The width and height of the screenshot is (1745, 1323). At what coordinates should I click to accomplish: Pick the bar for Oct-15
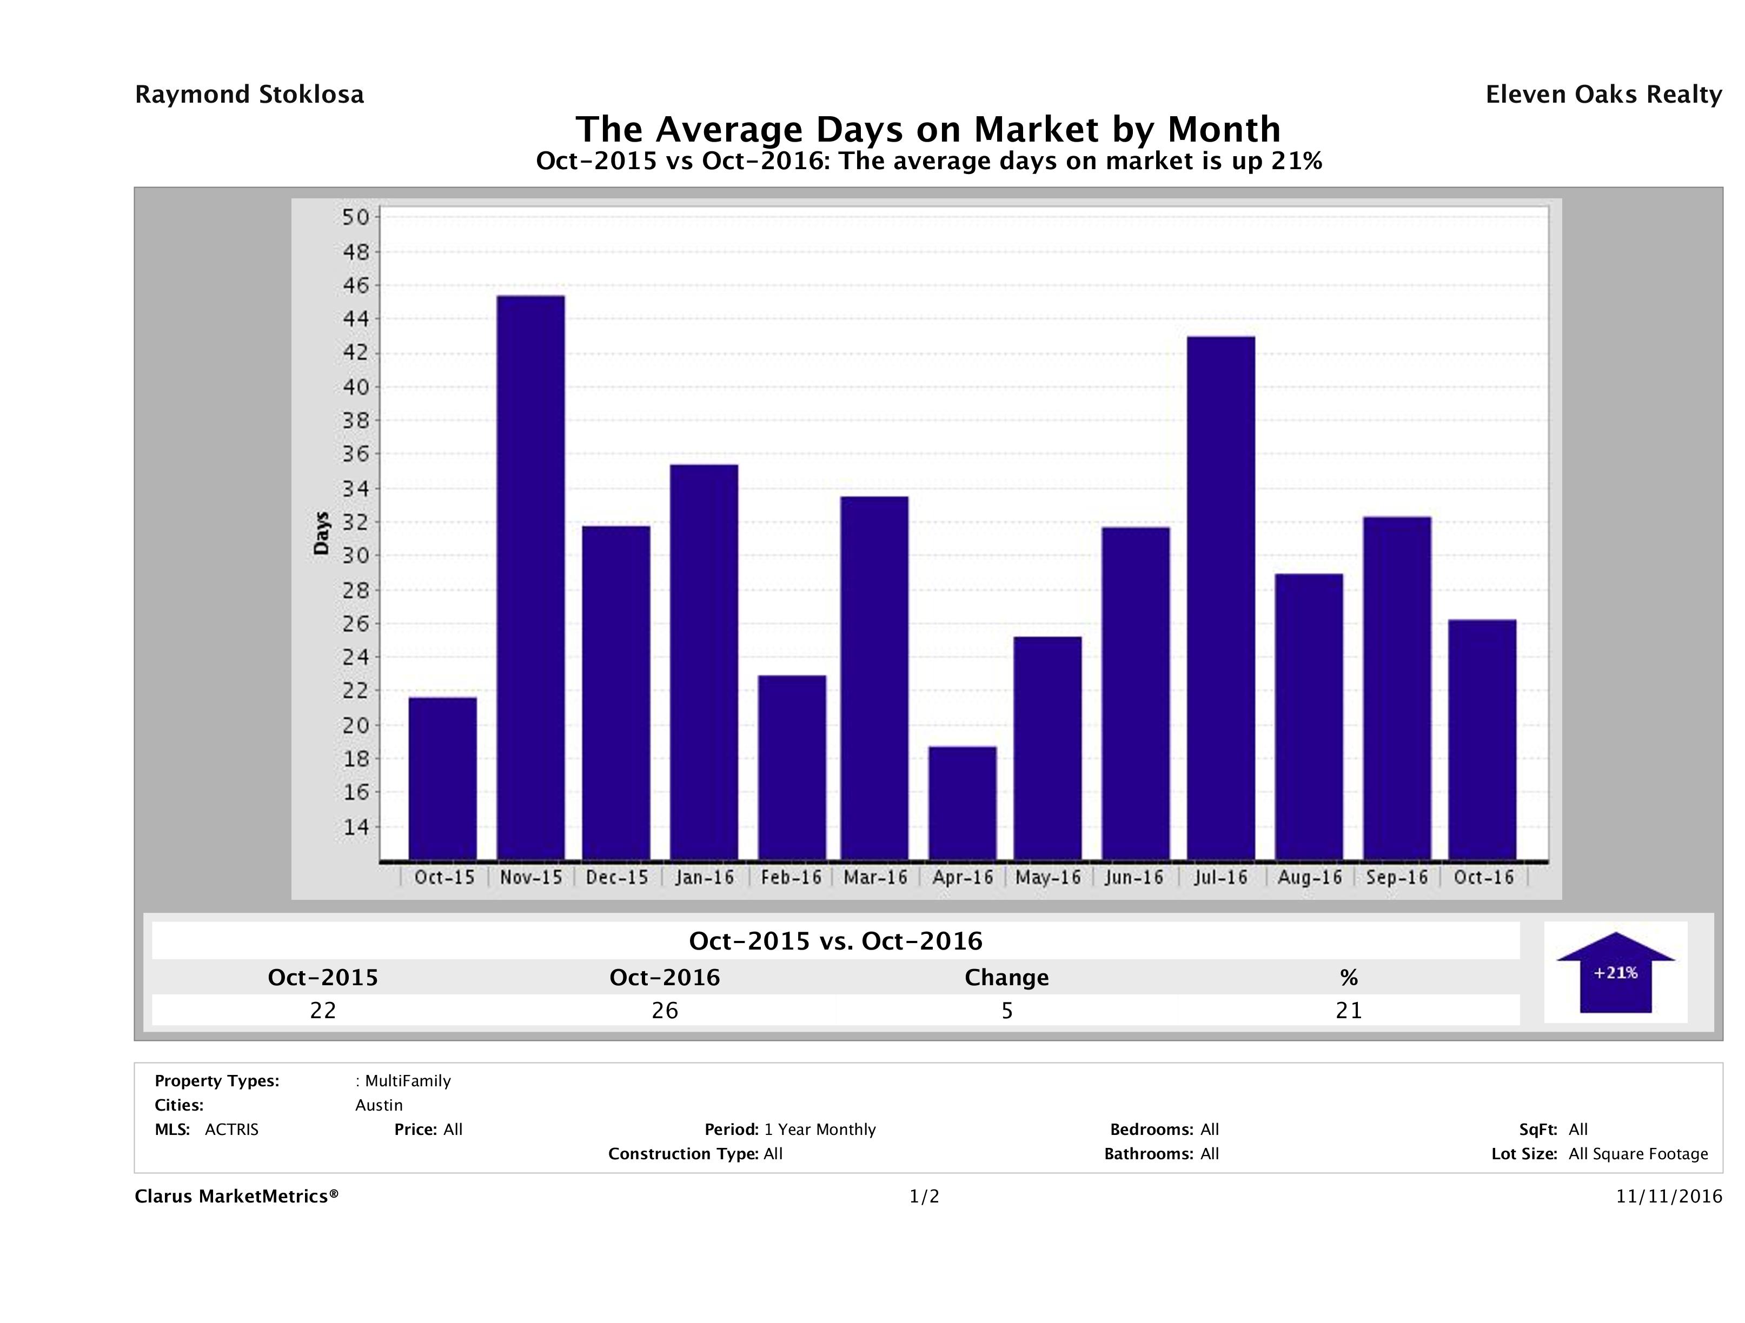click(442, 778)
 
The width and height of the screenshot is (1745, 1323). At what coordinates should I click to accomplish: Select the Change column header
click(1007, 978)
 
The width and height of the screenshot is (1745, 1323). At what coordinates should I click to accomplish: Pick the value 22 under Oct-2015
click(323, 1010)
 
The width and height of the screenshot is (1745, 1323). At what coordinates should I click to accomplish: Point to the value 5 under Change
click(1007, 1010)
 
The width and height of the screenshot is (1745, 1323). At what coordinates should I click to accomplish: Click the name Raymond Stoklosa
click(249, 95)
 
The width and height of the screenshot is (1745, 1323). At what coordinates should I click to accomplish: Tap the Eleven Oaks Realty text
click(1603, 95)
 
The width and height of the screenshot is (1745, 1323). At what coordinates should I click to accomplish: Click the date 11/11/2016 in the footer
click(1668, 1196)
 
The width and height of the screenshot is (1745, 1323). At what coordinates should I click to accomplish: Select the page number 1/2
click(924, 1196)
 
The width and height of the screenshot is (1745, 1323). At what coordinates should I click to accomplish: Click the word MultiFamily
click(408, 1081)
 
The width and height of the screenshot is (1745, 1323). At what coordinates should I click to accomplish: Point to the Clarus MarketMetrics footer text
click(237, 1196)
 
